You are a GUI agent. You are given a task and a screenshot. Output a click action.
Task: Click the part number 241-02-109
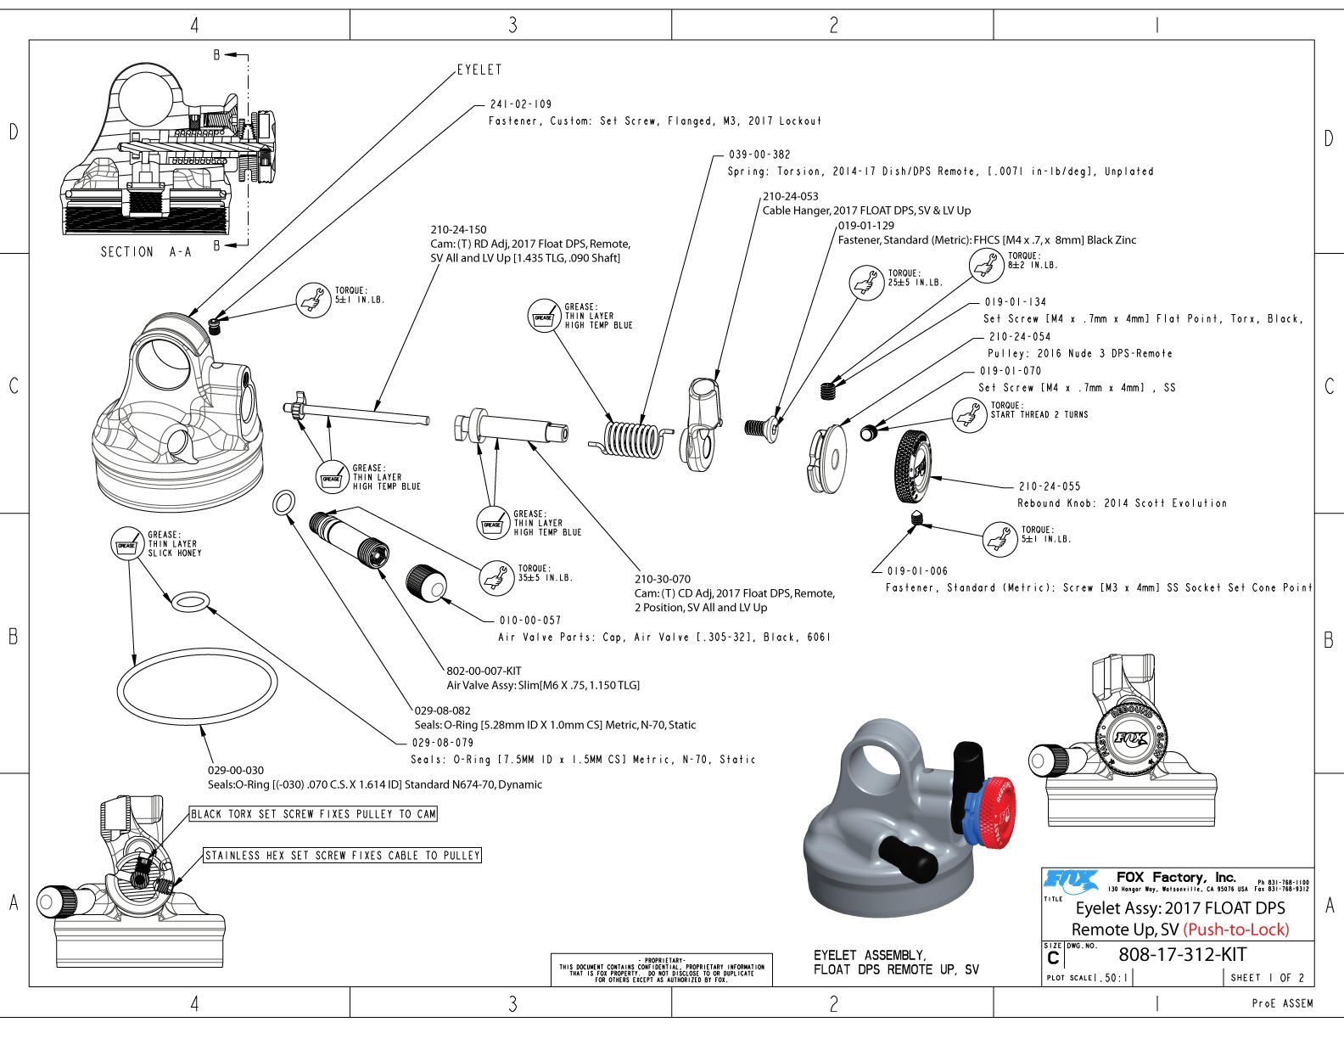[520, 104]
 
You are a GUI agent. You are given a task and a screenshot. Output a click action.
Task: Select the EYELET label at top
[479, 70]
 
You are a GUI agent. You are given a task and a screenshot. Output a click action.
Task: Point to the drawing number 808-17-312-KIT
[1182, 954]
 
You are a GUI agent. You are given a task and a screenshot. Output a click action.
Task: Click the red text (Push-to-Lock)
[1236, 929]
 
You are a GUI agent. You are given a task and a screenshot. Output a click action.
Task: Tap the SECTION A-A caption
[146, 252]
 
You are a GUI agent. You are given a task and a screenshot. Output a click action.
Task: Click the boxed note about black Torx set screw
[313, 814]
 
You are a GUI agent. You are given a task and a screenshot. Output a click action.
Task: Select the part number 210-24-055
[1050, 486]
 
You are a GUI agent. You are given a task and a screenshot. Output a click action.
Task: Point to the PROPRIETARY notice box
[661, 969]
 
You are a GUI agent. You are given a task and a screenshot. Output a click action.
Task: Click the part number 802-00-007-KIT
[484, 671]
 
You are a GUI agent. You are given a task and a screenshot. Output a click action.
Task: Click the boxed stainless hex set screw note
[342, 856]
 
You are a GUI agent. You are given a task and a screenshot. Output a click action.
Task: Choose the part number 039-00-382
[759, 154]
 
